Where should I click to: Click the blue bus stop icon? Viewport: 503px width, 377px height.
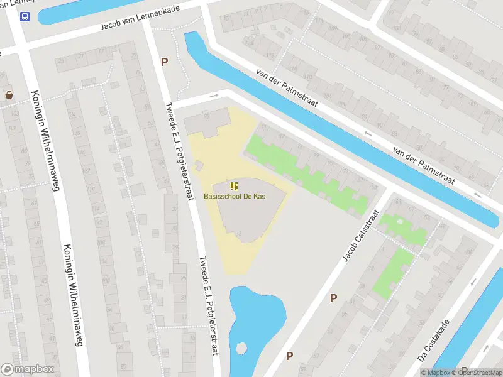[25, 17]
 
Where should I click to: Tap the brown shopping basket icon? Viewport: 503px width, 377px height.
[9, 96]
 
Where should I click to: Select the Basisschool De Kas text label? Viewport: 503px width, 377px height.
[235, 197]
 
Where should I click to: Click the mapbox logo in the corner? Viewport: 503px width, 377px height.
[28, 369]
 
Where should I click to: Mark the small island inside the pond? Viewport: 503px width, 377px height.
[240, 347]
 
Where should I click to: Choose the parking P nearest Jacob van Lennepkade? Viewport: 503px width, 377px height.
[165, 62]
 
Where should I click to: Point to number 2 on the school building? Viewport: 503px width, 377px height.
[240, 234]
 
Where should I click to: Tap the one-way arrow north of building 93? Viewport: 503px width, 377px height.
[214, 96]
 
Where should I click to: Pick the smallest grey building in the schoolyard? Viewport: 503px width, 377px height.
[199, 165]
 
